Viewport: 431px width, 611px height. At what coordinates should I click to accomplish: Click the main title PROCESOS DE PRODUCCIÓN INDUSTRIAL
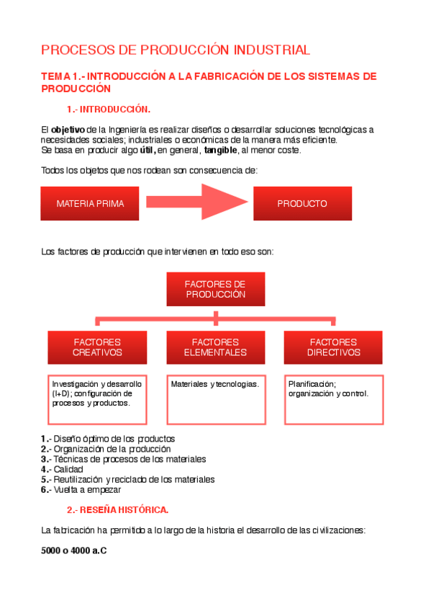[x=176, y=50]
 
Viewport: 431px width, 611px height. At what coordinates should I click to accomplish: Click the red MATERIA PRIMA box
[x=90, y=203]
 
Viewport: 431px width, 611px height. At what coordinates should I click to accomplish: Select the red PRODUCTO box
[x=302, y=203]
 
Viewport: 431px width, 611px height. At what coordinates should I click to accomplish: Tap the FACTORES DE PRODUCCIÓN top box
[x=215, y=289]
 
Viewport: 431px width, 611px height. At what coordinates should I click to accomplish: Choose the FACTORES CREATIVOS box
[x=97, y=347]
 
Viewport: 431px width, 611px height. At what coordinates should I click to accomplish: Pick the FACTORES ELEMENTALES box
[x=215, y=347]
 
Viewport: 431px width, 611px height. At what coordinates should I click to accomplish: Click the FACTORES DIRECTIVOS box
[x=333, y=347]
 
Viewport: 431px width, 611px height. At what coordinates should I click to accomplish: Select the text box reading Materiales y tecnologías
[x=215, y=399]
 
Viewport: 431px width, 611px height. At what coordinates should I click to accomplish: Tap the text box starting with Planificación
[x=333, y=399]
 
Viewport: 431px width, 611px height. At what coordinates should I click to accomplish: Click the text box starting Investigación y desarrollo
[x=97, y=399]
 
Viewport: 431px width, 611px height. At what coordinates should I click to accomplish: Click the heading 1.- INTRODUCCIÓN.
[x=108, y=110]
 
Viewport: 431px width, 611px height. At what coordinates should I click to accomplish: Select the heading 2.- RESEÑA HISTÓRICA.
[x=117, y=510]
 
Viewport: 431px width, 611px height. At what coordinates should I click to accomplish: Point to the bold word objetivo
[x=68, y=130]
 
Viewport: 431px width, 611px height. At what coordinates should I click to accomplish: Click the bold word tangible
[x=221, y=150]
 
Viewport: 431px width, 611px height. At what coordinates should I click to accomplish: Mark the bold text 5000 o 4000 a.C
[x=75, y=551]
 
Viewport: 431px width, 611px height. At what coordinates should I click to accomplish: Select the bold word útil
[x=147, y=150]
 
